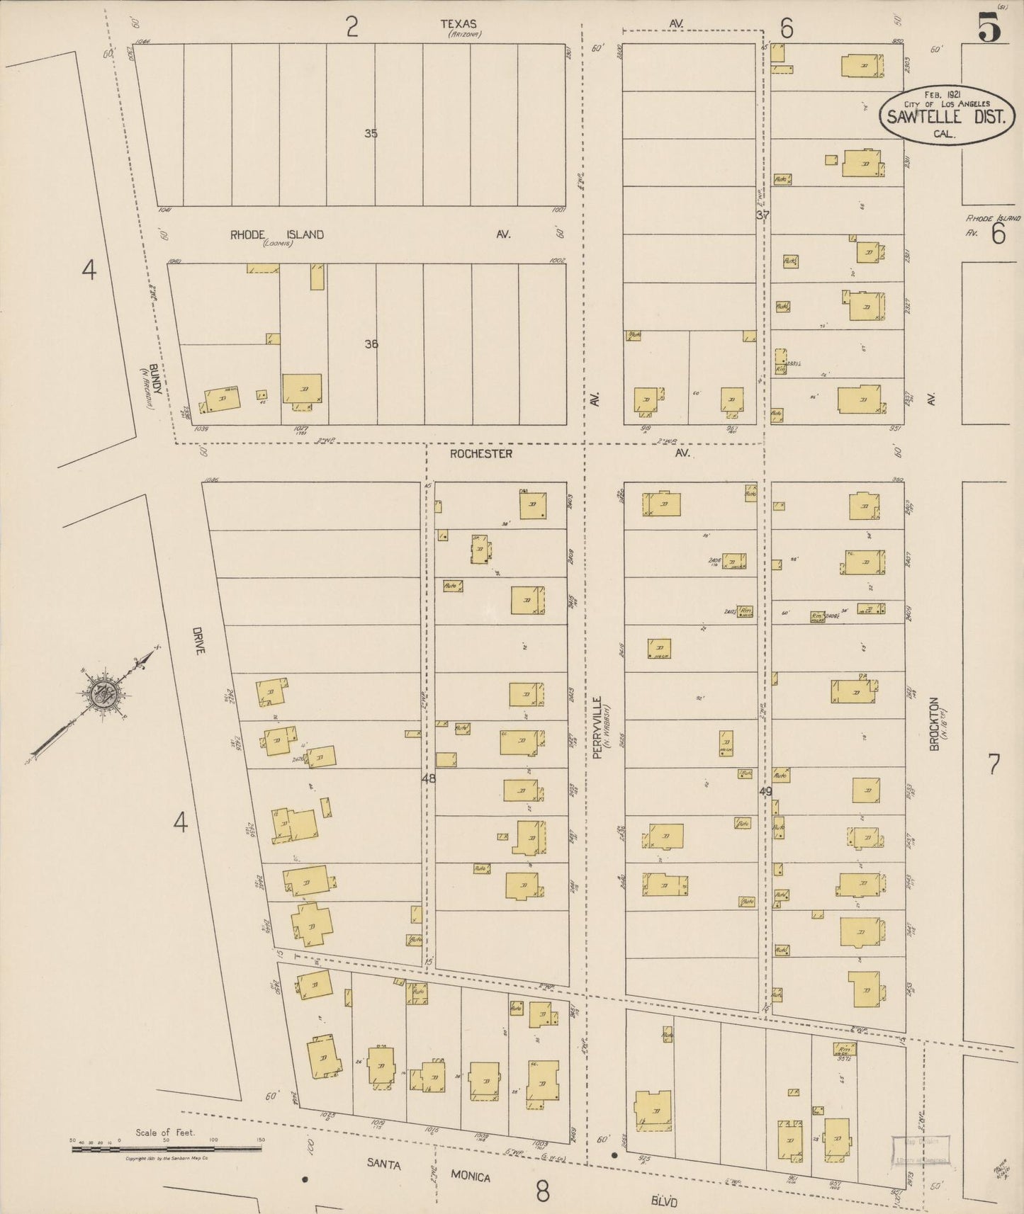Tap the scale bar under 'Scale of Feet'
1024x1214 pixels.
click(x=166, y=1148)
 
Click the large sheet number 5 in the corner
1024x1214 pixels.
click(x=989, y=29)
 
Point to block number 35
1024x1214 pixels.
click(x=371, y=133)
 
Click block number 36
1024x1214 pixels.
click(x=371, y=344)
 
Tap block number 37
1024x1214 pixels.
click(x=762, y=215)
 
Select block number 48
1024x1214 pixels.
click(x=429, y=778)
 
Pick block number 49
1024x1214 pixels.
click(x=765, y=791)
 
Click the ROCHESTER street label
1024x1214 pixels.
click(x=480, y=453)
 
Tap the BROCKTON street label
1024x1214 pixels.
click(x=934, y=724)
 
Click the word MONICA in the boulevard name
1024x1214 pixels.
click(x=471, y=1176)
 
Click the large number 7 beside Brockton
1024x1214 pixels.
click(x=994, y=764)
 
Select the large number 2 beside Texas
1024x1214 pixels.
click(x=351, y=28)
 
